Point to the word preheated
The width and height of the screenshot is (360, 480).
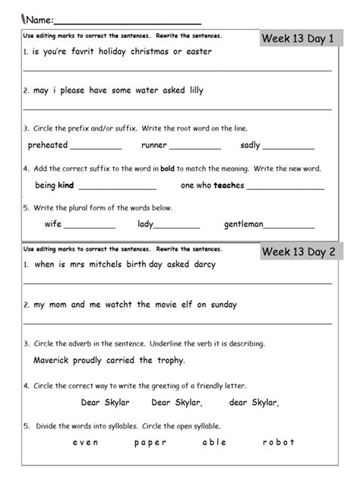coord(47,145)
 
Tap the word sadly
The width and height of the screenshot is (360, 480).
coord(250,145)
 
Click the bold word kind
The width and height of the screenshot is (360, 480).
coord(65,185)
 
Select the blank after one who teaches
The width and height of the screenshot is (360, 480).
coord(285,187)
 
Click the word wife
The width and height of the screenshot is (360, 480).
coord(52,224)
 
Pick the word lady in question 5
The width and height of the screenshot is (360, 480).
coord(146,224)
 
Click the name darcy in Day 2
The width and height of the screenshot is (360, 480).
coord(201,265)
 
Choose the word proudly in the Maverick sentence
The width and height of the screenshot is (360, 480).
coord(93,360)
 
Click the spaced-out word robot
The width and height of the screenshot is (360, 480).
coord(278,442)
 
